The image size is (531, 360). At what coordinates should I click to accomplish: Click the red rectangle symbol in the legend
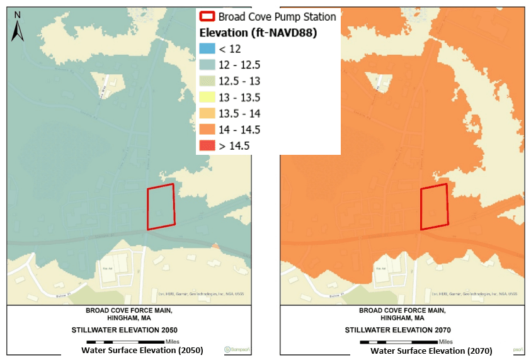coord(207,17)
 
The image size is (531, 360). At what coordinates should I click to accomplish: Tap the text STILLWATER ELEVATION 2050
coord(134,330)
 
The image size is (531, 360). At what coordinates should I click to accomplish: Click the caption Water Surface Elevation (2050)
coord(142,351)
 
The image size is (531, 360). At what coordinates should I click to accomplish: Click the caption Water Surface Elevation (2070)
coord(431,351)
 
